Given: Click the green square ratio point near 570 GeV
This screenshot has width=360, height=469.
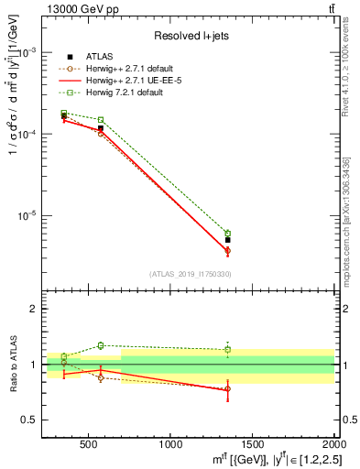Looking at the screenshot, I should pyautogui.click(x=100, y=345).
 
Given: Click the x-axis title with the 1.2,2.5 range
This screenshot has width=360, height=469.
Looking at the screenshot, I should pyautogui.click(x=256, y=459).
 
